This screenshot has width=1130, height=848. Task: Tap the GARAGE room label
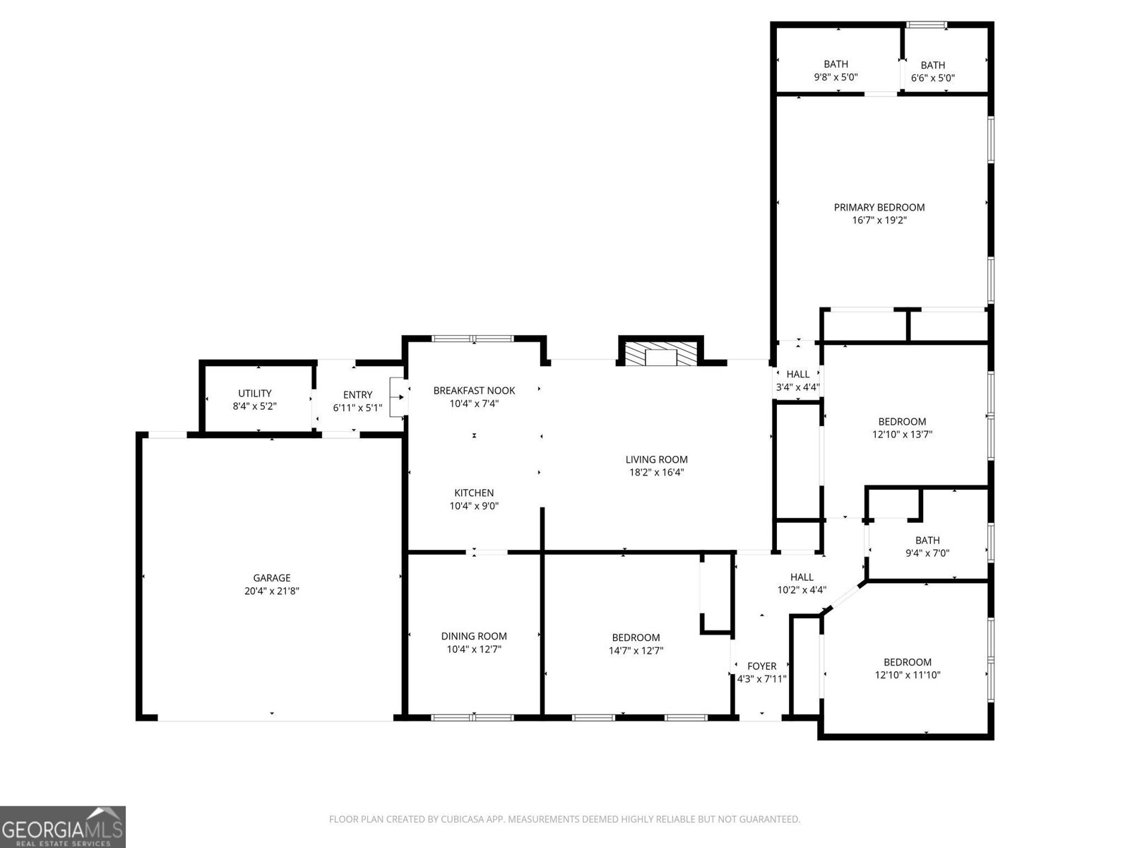coord(272,578)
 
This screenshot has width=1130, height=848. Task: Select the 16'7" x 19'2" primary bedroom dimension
coord(879,220)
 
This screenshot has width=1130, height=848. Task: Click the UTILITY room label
coord(254,394)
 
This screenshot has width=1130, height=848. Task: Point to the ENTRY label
coord(357,395)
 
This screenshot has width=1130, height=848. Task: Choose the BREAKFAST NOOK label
coord(474,391)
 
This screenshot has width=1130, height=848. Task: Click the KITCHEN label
coord(474,493)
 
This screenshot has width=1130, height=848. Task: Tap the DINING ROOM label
coord(474,636)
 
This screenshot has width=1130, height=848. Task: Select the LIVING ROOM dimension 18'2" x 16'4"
coord(656,472)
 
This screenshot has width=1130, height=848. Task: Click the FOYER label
coord(761,666)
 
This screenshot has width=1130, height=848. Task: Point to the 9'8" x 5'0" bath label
coord(835,77)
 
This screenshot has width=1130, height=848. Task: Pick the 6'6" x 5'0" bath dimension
coord(932,78)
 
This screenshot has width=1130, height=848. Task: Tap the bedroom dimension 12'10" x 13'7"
coord(902,435)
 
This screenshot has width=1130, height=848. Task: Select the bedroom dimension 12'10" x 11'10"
coord(907,675)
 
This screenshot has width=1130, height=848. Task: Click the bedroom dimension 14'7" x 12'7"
coord(636,650)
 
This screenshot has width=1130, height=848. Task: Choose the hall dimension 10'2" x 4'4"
coord(802,589)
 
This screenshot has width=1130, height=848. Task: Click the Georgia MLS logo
coord(62,826)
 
